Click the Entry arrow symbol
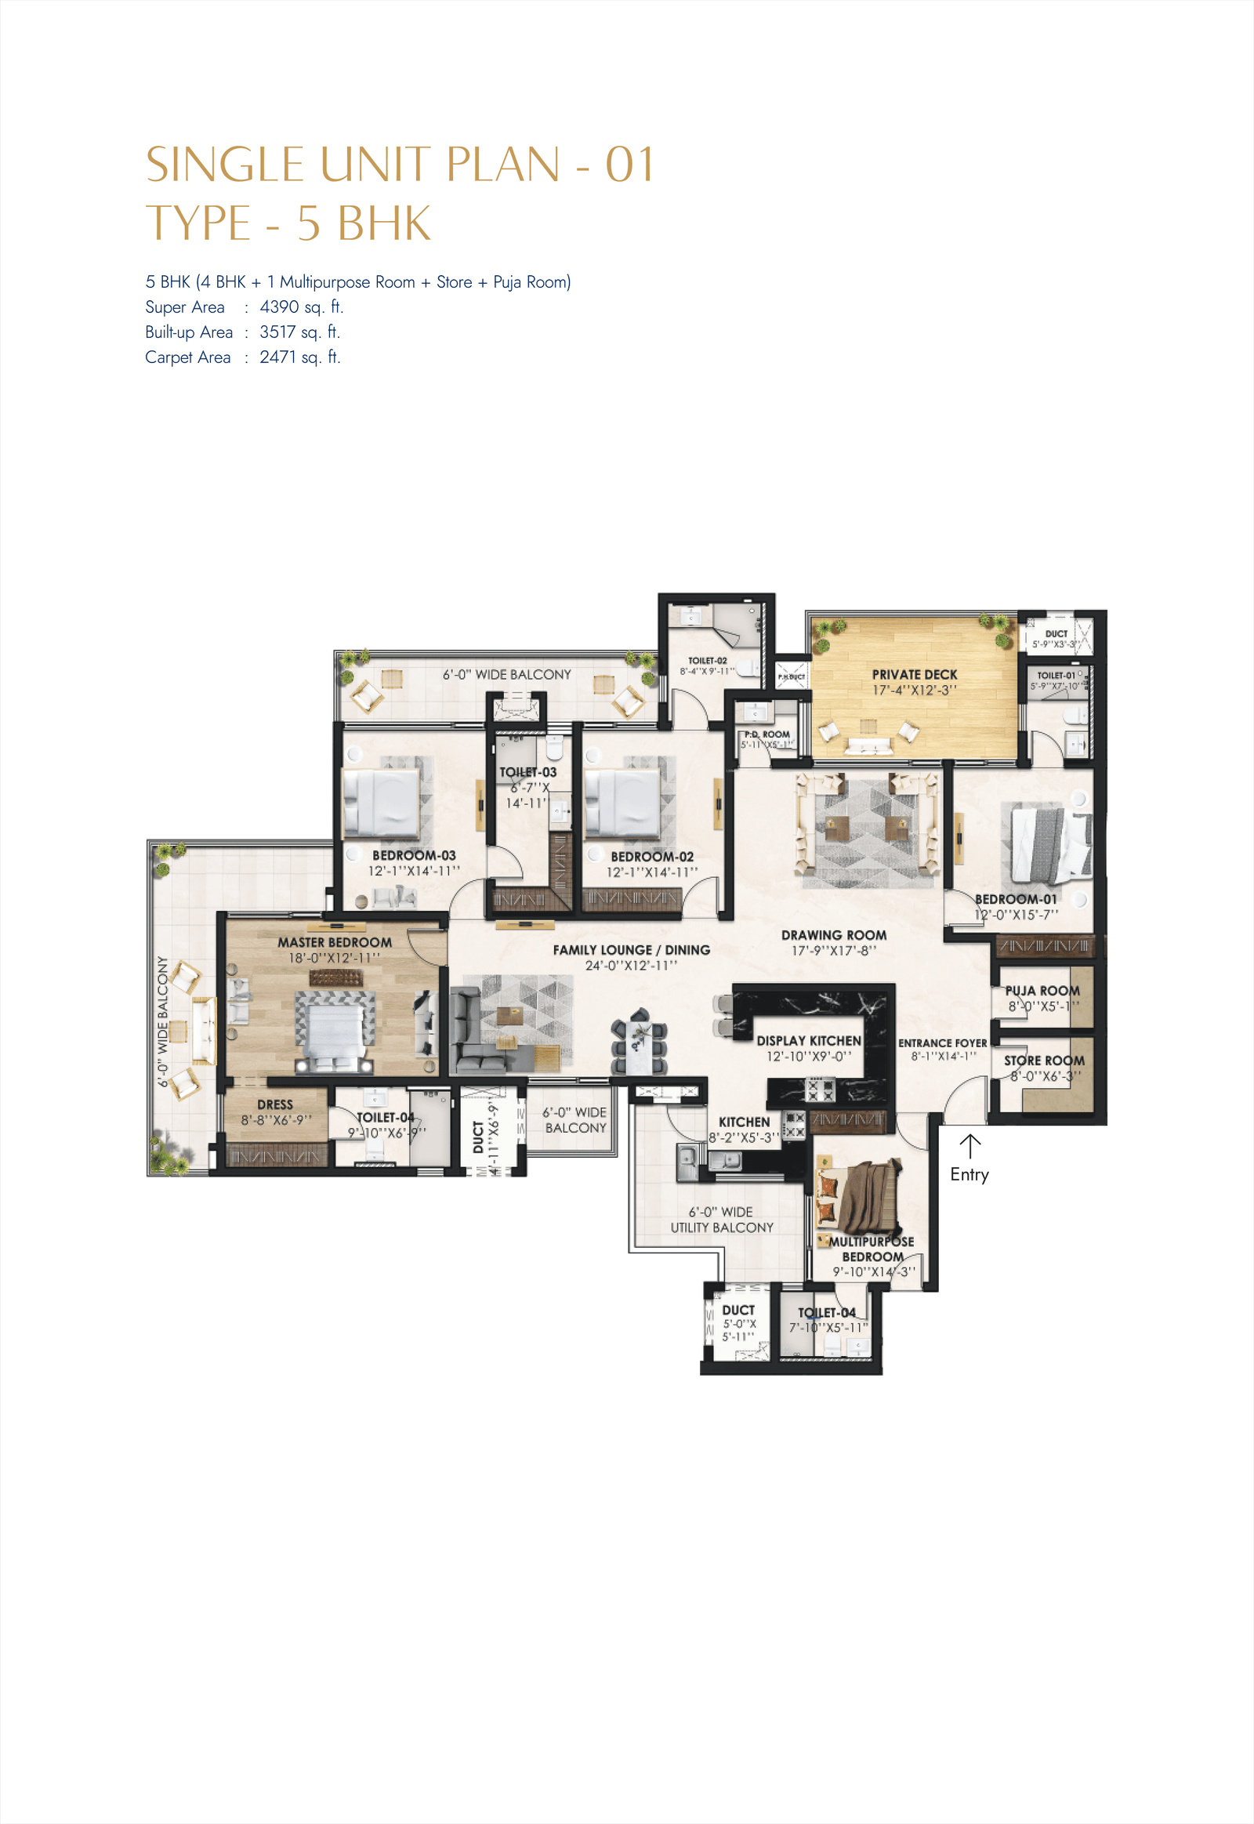click(x=969, y=1145)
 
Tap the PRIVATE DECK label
click(x=914, y=674)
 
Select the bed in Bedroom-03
click(x=381, y=802)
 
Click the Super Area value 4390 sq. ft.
click(x=301, y=306)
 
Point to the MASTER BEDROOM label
click(x=334, y=941)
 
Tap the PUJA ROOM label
click(x=1042, y=990)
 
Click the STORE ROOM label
click(x=1043, y=1060)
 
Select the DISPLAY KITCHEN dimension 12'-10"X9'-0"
click(x=809, y=1056)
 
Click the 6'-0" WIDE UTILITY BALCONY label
click(x=721, y=1220)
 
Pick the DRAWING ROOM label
click(x=834, y=934)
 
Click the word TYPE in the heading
click(x=198, y=223)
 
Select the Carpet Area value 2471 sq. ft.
click(x=299, y=357)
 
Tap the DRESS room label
click(x=274, y=1104)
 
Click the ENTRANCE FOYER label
click(x=942, y=1043)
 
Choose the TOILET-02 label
click(x=707, y=661)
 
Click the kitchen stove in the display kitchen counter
click(x=821, y=1090)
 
